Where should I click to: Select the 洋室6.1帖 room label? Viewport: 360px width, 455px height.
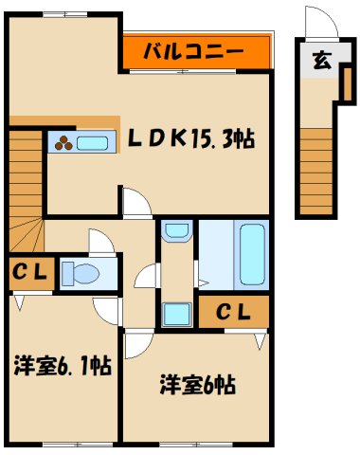pos(63,366)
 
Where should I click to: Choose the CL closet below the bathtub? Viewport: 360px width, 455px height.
pos(233,310)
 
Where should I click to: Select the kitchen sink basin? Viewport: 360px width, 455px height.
pos(92,143)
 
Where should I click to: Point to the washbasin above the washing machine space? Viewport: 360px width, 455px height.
pos(175,229)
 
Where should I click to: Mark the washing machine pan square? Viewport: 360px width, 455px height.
pos(175,312)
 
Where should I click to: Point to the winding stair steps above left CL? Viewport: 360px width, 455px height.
pos(24,235)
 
